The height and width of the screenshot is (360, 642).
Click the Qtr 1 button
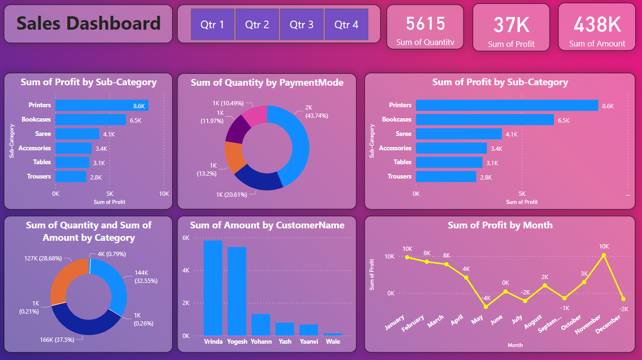[212, 24]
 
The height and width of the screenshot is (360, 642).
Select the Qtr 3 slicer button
[302, 24]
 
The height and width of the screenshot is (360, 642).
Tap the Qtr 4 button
[346, 24]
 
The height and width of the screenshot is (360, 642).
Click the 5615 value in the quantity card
[425, 23]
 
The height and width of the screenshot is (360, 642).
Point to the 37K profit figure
[511, 25]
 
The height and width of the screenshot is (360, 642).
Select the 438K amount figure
[597, 24]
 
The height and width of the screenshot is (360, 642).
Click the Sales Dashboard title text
[89, 23]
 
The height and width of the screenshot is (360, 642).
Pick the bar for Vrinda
[213, 288]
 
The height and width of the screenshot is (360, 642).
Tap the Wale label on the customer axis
[333, 342]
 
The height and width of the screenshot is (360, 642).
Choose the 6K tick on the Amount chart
[186, 238]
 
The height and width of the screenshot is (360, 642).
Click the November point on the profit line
[604, 255]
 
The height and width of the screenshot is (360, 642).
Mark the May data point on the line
[486, 307]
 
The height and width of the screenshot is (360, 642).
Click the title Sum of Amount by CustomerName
[267, 225]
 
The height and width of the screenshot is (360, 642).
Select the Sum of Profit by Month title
[500, 225]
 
